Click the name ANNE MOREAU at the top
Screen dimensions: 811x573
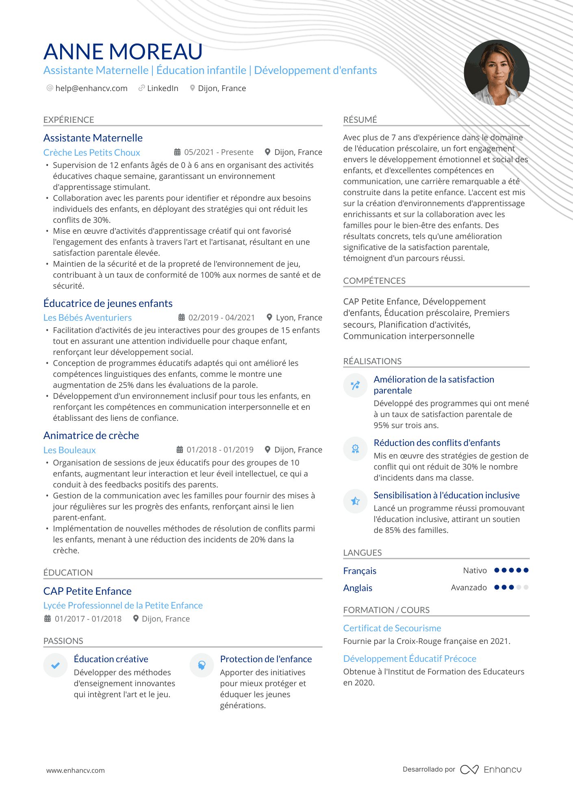123,52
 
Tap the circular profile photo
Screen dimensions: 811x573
496,72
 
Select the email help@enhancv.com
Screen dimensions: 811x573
91,88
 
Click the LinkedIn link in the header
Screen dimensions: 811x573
162,88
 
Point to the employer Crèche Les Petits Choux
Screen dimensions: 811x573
91,152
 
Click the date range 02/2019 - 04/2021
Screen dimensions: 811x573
221,317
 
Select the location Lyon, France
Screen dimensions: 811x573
299,317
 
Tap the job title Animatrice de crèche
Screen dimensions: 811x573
91,435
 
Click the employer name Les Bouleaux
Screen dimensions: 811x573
69,450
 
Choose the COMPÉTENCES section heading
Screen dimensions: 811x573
374,280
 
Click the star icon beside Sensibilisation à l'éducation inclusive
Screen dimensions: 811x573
355,501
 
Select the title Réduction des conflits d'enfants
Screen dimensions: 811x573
436,443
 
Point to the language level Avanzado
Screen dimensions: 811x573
469,587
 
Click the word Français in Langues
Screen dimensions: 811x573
360,571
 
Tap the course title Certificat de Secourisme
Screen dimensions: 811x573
392,628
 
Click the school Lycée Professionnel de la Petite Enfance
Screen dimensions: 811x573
123,605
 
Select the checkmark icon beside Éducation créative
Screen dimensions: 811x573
56,665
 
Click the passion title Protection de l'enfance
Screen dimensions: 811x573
266,659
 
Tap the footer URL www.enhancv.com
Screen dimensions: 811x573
75,770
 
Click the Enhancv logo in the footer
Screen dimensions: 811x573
491,770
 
